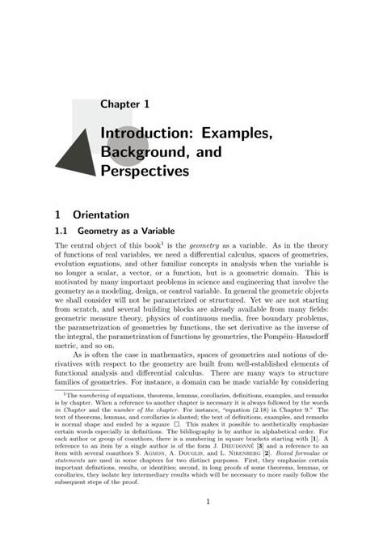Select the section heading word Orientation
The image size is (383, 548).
[x=101, y=215]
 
